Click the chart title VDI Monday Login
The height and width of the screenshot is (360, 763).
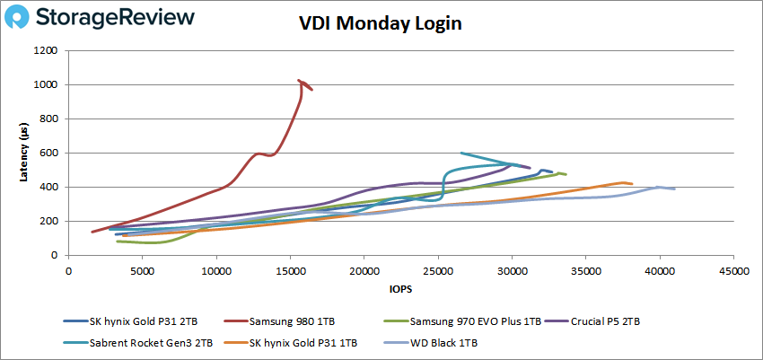point(381,23)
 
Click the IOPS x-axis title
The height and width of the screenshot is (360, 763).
point(401,289)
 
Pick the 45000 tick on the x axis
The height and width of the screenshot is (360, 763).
point(733,269)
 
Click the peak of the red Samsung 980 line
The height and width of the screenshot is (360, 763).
point(299,81)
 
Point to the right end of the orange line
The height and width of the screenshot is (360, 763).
point(633,184)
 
